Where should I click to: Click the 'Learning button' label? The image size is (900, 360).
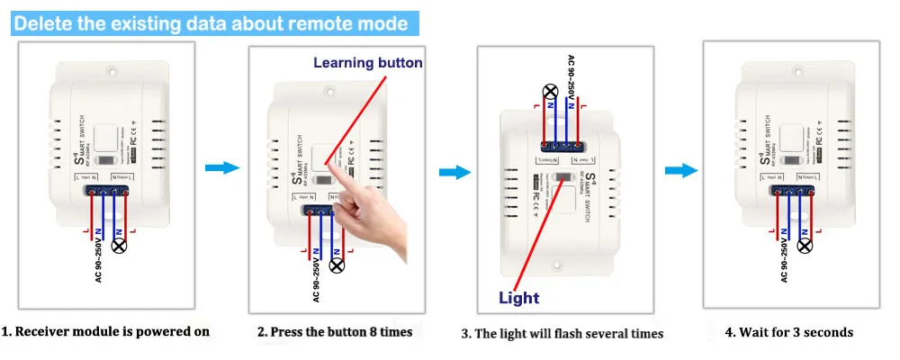tap(367, 63)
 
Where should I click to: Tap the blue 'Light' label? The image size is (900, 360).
tap(519, 298)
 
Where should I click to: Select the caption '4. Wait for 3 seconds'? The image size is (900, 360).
tap(788, 332)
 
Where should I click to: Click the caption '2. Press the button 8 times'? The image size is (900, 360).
tap(334, 332)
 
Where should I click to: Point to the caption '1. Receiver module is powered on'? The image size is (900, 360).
tap(105, 331)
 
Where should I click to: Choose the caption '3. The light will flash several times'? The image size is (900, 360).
tap(562, 333)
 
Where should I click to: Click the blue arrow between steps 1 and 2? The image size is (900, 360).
tap(221, 167)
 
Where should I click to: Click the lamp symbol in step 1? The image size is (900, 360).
tap(117, 245)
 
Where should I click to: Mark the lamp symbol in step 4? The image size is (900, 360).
tap(805, 245)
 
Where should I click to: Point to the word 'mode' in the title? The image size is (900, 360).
tap(382, 23)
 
